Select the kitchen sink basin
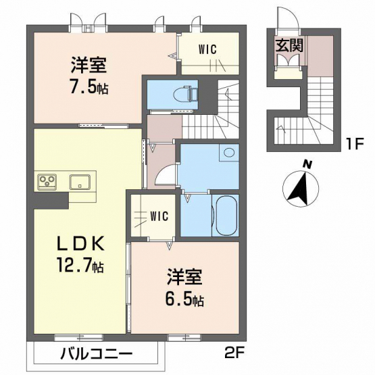click(80, 182)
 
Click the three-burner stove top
click(47, 182)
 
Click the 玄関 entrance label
click(290, 45)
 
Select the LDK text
click(80, 243)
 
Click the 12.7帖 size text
click(80, 265)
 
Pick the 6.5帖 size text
click(184, 299)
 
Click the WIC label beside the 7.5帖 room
click(207, 49)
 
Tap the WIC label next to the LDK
click(159, 216)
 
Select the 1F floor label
click(355, 144)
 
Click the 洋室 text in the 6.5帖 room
click(184, 278)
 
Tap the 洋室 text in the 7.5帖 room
click(89, 65)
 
